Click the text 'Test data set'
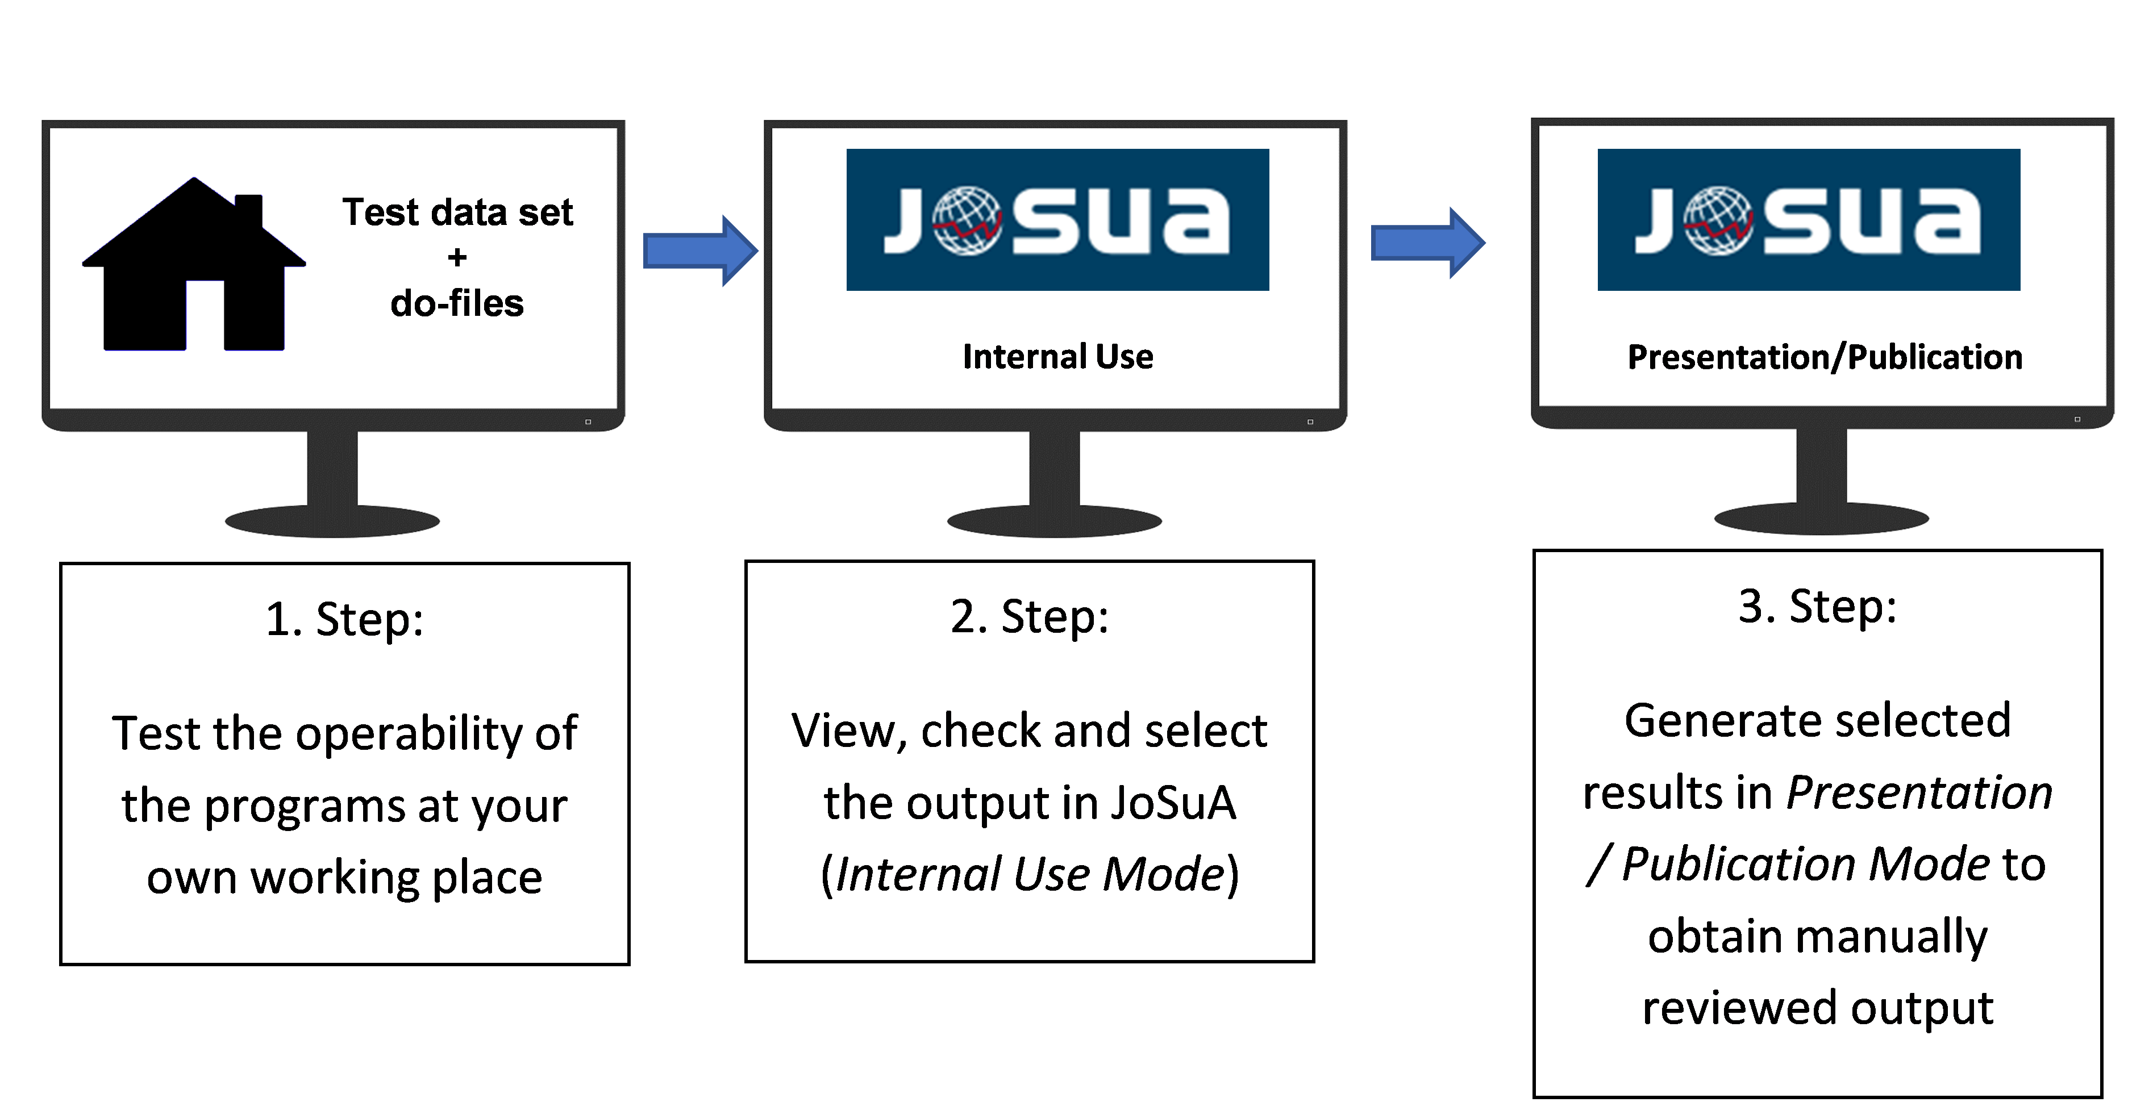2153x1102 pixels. pyautogui.click(x=457, y=212)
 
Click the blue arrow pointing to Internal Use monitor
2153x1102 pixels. pyautogui.click(x=699, y=251)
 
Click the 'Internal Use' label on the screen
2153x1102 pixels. pyautogui.click(x=1057, y=357)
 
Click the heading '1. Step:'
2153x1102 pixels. pyautogui.click(x=344, y=620)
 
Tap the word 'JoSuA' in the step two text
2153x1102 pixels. pyautogui.click(x=1173, y=803)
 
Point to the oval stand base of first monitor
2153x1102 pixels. pyautogui.click(x=332, y=522)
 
